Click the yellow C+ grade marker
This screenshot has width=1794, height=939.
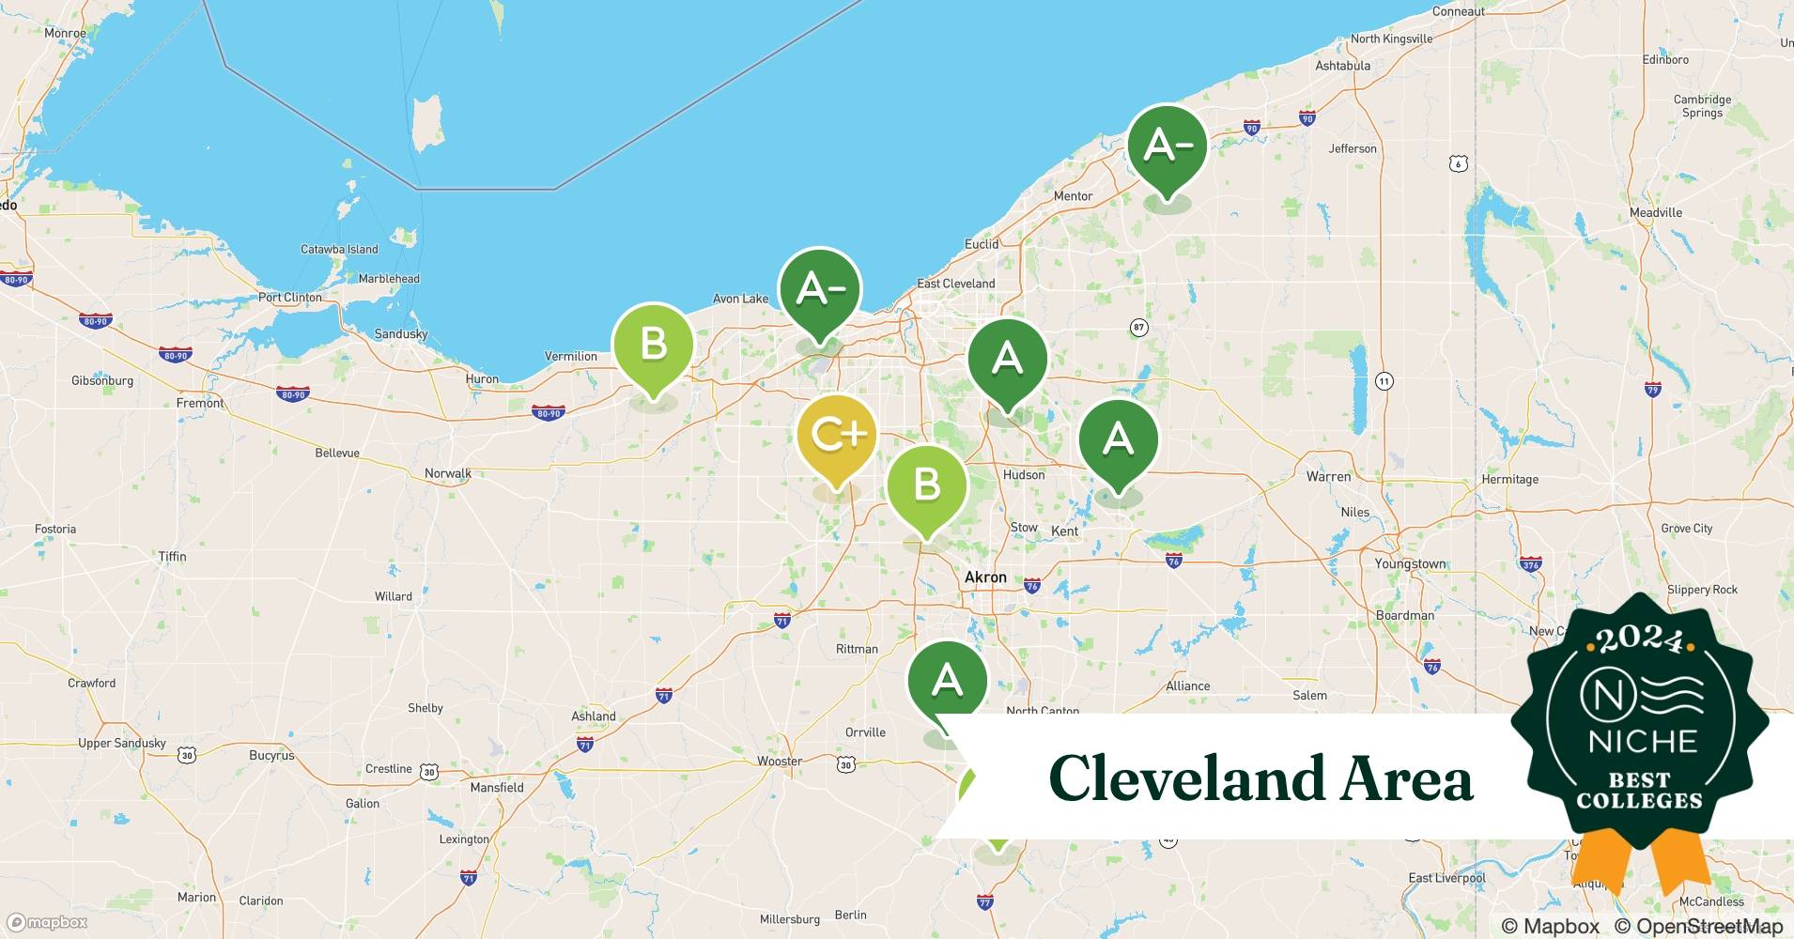836,436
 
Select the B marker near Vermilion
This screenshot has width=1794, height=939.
653,345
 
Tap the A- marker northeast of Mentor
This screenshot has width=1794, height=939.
1167,146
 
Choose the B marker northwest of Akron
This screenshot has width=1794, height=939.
926,485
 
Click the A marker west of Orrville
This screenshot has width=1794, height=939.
947,681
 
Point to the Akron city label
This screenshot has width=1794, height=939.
985,577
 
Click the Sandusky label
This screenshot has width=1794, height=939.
400,334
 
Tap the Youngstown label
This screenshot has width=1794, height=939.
1410,564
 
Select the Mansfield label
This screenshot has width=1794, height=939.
497,788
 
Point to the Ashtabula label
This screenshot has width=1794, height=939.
1342,66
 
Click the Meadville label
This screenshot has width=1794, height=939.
1656,212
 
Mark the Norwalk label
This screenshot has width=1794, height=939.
448,473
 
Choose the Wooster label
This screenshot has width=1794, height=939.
780,762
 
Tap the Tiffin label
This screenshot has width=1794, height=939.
172,557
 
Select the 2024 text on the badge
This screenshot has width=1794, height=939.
1639,639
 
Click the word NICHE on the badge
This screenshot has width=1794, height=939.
1642,741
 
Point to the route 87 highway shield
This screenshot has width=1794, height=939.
1138,328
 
